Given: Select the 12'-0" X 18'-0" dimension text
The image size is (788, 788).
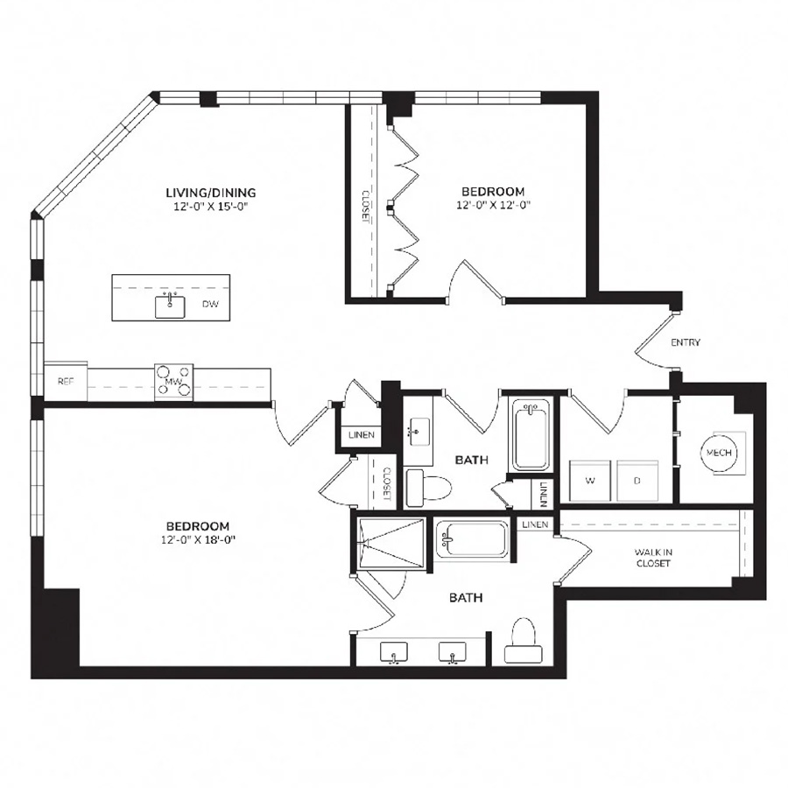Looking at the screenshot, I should [197, 540].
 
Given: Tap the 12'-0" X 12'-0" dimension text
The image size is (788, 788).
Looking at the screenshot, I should [493, 206].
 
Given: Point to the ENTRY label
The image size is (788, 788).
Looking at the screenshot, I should [686, 342].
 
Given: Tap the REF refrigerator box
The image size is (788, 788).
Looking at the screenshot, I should [66, 383].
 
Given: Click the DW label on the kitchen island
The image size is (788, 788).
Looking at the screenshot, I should [210, 305].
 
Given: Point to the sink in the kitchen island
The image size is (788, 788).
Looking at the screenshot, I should [170, 306].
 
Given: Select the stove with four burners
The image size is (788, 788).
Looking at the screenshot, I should [173, 382].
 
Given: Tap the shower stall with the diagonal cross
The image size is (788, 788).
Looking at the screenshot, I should [390, 544].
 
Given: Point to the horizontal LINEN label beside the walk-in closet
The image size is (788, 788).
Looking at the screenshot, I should [536, 524].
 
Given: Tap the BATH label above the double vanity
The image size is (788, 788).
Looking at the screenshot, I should [465, 598].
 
